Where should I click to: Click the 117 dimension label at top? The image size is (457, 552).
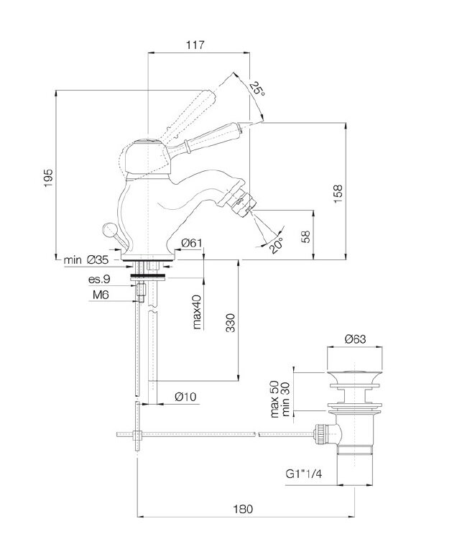tap(195, 45)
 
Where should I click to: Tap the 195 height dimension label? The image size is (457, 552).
tap(48, 178)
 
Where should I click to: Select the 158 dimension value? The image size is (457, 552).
tap(338, 193)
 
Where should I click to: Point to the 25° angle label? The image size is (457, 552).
tap(257, 88)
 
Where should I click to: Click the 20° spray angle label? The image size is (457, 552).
tap(277, 245)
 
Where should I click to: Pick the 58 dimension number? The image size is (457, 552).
tap(306, 236)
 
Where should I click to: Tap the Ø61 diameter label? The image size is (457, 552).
tap(192, 243)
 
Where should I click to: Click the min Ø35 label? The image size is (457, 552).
tap(86, 260)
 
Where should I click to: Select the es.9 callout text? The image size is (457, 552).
tap(99, 279)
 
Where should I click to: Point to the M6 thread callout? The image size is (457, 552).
tap(101, 295)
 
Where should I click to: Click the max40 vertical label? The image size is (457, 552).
tap(197, 312)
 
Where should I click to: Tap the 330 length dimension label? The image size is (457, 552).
tap(230, 323)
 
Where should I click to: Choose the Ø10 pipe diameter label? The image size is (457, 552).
tap(185, 397)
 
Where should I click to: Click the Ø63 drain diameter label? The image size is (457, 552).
tap(355, 339)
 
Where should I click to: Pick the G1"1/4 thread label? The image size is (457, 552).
tap(304, 474)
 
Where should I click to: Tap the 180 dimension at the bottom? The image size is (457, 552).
tap(243, 509)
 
